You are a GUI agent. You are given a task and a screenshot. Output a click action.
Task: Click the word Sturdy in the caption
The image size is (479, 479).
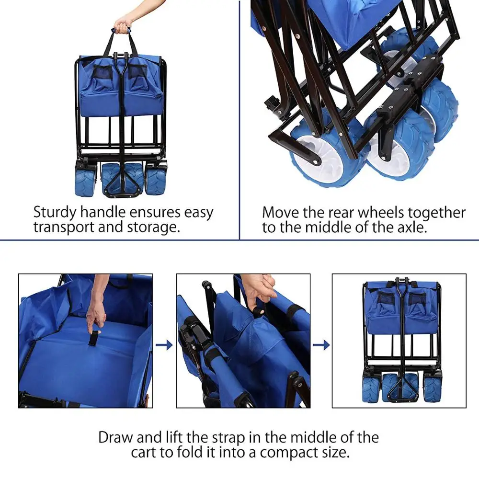(55, 213)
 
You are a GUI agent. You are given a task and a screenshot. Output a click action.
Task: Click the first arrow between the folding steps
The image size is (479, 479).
(164, 345)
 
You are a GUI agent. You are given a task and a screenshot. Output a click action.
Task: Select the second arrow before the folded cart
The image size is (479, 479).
(321, 345)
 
